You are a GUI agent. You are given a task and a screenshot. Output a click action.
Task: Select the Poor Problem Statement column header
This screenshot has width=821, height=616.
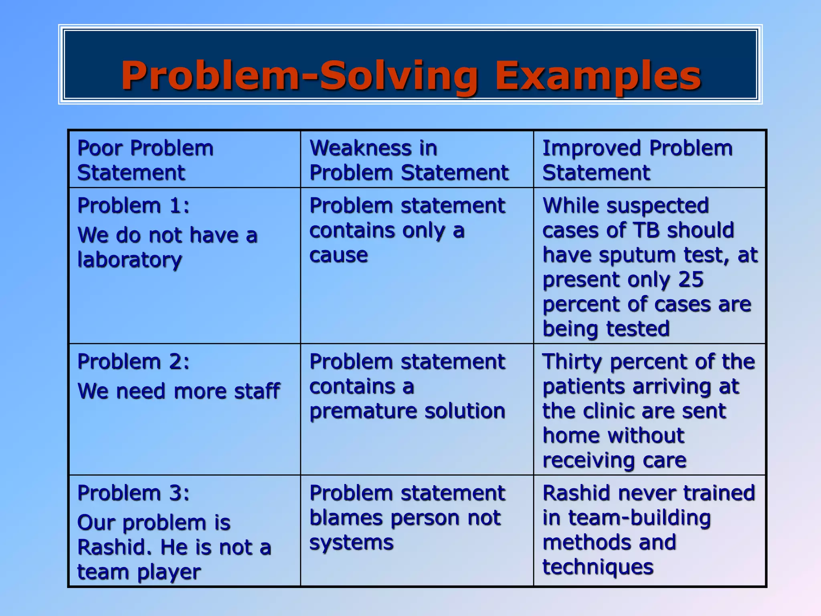(x=145, y=160)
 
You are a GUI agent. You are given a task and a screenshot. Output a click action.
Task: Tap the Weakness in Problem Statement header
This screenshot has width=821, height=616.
(x=409, y=160)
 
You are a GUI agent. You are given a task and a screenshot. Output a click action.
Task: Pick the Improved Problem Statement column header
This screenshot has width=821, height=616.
(x=637, y=160)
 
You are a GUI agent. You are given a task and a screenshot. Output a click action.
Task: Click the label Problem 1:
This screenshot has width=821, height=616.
(x=133, y=206)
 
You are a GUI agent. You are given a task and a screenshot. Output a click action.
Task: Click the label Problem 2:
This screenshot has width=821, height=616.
(x=133, y=362)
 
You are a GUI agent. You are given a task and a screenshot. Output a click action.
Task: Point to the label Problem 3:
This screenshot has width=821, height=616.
(x=133, y=493)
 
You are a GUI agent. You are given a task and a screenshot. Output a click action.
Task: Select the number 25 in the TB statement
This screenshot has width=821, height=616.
(x=691, y=280)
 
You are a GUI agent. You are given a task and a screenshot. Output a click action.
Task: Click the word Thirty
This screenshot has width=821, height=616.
(x=572, y=362)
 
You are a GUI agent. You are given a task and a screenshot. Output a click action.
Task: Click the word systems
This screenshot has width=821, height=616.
(x=351, y=543)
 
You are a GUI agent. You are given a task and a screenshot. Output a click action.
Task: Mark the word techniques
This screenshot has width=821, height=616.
(x=598, y=567)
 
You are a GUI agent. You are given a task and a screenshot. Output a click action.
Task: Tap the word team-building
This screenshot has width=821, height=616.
(x=639, y=518)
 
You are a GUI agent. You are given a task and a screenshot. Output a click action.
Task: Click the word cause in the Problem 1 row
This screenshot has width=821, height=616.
(x=338, y=255)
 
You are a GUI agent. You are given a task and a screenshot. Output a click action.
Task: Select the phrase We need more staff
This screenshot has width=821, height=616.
(x=178, y=391)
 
